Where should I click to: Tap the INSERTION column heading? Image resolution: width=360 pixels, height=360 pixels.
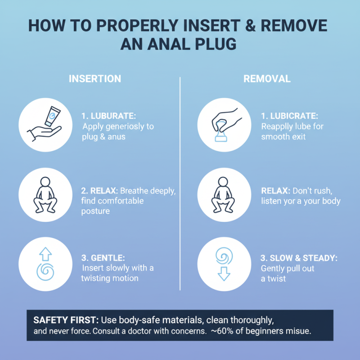pos(94,79)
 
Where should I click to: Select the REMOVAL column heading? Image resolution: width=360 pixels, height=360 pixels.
pos(267,79)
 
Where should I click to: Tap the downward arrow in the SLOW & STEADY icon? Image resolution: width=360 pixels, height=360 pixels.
pos(224,272)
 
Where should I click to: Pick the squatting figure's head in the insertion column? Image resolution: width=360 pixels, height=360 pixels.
pos(45,183)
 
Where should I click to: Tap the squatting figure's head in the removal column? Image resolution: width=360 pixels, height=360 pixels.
pos(224,183)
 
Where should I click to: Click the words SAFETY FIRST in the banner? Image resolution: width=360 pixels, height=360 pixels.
pos(66,320)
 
